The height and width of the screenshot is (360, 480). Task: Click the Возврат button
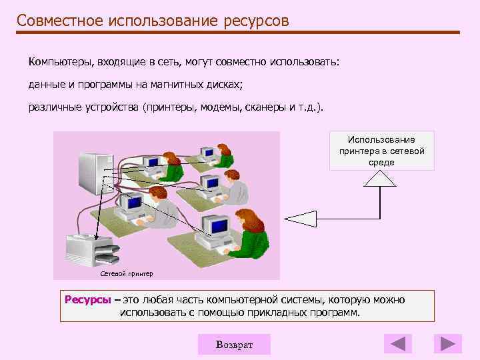pos(234,344)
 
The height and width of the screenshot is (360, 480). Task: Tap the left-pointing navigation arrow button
pos(398,344)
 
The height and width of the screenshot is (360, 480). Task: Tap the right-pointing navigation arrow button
pos(447,344)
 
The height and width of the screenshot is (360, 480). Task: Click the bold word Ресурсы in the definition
pos(87,300)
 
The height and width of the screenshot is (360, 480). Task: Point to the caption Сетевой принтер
pos(126,273)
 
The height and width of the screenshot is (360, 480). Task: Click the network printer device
pos(93,251)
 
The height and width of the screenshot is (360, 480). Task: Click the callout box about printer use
pos(381,151)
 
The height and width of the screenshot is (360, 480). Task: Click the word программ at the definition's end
pos(335,312)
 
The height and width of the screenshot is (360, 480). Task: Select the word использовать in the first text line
pos(304,62)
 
